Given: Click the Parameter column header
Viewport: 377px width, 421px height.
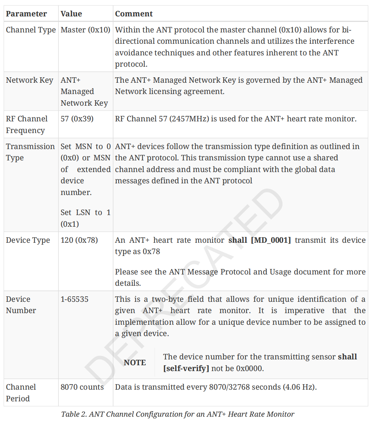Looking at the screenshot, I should point(26,14).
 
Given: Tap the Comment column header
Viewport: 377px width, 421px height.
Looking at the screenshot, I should point(134,14).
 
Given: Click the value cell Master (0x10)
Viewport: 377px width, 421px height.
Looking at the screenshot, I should point(85,30).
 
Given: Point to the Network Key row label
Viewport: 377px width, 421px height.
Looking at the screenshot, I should point(29,80).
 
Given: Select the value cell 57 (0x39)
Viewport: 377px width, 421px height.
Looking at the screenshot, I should point(77,119).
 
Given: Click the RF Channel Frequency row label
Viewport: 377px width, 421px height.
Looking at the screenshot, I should point(27,124).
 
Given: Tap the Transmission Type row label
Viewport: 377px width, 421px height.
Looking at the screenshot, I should point(30,152).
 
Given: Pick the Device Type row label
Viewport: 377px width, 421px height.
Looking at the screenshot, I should point(28,240).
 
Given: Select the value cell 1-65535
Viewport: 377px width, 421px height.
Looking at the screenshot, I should point(74,299).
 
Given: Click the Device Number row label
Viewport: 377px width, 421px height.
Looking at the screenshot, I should point(21,305).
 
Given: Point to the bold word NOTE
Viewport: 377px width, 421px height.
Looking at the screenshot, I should point(135,363).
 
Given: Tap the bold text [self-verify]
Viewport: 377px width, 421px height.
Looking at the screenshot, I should point(186,369).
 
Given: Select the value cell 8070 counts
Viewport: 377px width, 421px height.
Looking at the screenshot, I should point(82,387).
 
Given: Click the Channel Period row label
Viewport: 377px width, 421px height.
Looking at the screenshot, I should point(21,393).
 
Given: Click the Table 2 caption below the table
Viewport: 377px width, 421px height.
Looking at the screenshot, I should point(178,414).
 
